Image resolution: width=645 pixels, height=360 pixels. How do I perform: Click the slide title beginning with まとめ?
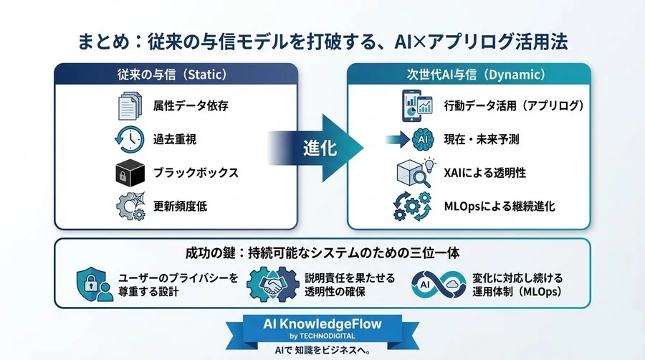point(322,41)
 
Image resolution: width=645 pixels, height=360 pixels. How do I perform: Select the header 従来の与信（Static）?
point(176,75)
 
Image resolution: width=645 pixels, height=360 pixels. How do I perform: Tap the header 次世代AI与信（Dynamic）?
point(469,75)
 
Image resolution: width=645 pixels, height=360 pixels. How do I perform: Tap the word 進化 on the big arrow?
point(319,146)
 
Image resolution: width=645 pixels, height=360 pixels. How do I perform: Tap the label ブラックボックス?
point(196,174)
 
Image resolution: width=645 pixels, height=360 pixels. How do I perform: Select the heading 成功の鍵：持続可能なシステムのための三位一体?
point(322,253)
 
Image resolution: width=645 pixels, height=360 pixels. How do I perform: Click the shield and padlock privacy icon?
point(93,285)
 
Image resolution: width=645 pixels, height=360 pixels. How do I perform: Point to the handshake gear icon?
point(273,285)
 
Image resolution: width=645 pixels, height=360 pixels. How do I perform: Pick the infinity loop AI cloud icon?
point(440,285)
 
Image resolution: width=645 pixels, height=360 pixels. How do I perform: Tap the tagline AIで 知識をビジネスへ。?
point(321,349)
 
